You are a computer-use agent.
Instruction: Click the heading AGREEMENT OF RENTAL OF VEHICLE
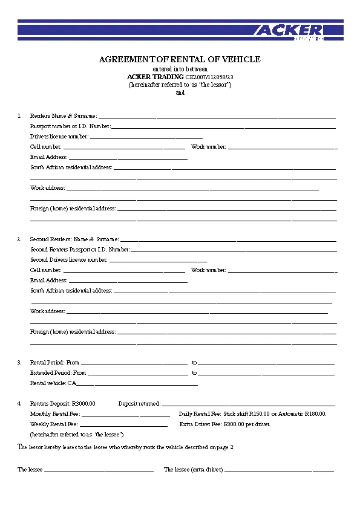180,59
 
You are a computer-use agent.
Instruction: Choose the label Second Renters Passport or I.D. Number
80,249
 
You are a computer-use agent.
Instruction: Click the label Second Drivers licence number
69,260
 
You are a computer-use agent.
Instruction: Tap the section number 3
19,363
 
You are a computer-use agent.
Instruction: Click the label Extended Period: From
58,373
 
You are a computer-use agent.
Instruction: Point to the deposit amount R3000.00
83,403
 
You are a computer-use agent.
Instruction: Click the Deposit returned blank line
248,404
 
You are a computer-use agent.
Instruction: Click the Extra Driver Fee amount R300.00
234,424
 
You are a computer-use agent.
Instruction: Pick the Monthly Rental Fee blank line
125,415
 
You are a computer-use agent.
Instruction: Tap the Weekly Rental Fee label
54,424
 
